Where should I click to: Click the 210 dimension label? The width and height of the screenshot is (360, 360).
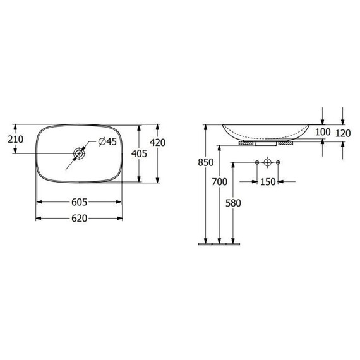pyautogui.click(x=16, y=140)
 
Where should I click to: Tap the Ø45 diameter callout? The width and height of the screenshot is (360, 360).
pyautogui.click(x=107, y=141)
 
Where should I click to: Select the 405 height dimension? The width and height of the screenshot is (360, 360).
pyautogui.click(x=139, y=153)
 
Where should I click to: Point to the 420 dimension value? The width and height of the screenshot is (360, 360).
pyautogui.click(x=158, y=143)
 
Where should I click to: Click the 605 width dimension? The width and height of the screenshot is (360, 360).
pyautogui.click(x=79, y=202)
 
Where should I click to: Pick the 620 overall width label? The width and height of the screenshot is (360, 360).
pyautogui.click(x=79, y=218)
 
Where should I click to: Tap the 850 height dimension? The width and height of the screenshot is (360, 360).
pyautogui.click(x=206, y=162)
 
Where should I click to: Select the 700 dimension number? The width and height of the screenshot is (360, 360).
pyautogui.click(x=220, y=182)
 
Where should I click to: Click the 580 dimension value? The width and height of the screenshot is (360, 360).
pyautogui.click(x=233, y=203)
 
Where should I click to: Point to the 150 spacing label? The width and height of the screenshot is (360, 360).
pyautogui.click(x=268, y=182)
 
